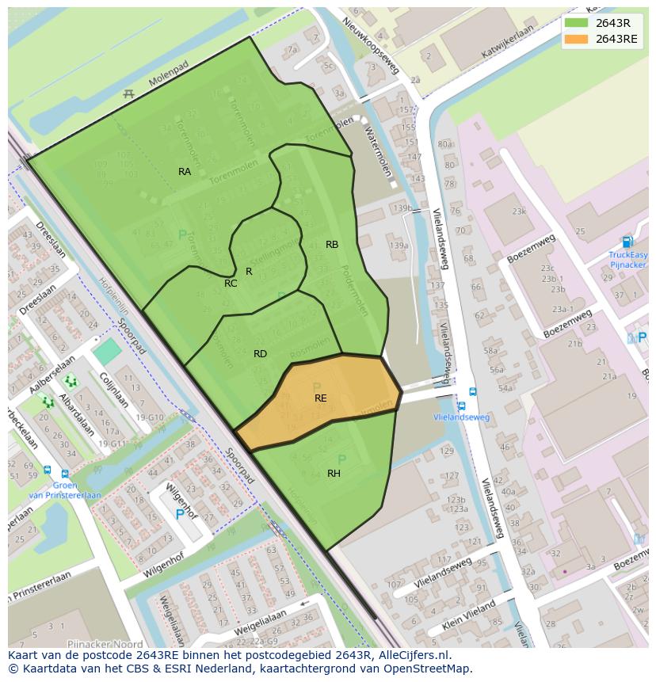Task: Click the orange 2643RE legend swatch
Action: [x=576, y=39]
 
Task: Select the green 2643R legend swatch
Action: [x=576, y=22]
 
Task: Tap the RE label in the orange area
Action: [x=320, y=398]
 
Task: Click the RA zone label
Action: [x=184, y=171]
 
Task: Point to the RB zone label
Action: [x=332, y=245]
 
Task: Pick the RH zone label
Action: [x=334, y=474]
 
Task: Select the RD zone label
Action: [x=260, y=354]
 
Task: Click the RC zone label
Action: [x=230, y=284]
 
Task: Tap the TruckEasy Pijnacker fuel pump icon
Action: [x=627, y=242]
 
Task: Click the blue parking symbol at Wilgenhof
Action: [x=179, y=514]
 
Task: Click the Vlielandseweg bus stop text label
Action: [x=461, y=417]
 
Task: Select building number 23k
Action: [x=518, y=211]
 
